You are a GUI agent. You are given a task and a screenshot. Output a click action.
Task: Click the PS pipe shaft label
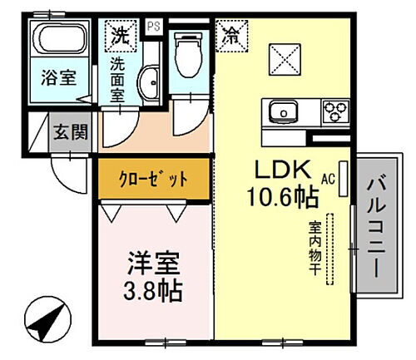153,26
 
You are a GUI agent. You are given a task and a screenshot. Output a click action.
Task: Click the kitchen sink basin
281,111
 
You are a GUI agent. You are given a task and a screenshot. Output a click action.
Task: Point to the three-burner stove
335,110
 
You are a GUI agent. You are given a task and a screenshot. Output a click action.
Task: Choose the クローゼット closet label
152,179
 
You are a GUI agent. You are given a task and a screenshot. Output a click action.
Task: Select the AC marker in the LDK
328,179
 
